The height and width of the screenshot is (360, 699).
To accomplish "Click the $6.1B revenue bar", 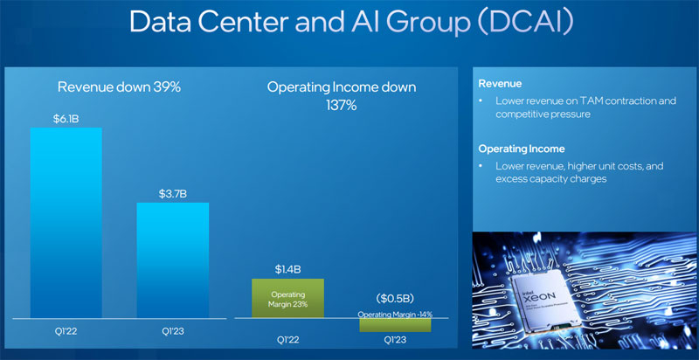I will (x=66, y=223).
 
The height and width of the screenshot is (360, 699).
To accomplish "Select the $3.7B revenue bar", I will (x=172, y=260).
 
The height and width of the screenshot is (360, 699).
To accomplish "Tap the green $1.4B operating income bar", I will (x=287, y=298).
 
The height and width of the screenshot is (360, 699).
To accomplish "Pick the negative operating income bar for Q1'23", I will (x=396, y=324).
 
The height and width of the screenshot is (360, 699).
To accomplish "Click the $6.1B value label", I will (x=66, y=117).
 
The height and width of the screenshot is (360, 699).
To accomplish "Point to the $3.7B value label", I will (x=172, y=191).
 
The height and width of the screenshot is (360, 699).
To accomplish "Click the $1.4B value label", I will (x=287, y=267).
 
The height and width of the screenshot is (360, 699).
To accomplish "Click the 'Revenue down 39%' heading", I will (x=119, y=87).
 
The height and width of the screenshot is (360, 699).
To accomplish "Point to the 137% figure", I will (x=341, y=105).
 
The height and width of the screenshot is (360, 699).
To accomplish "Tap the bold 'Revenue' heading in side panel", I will (x=499, y=84).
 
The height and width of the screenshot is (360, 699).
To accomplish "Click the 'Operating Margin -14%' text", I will (x=396, y=313).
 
